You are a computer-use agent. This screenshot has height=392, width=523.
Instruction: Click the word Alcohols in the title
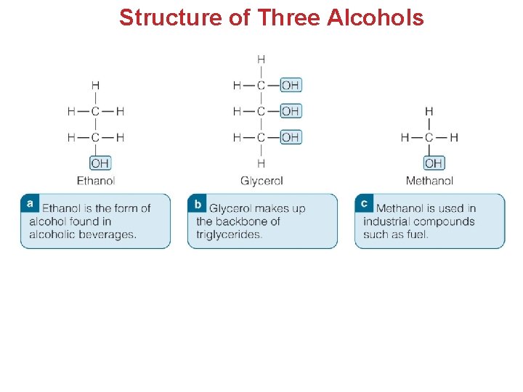click(x=376, y=17)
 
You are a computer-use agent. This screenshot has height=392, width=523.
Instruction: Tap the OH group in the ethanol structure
click(x=100, y=163)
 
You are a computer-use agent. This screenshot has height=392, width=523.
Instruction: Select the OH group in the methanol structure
click(x=434, y=163)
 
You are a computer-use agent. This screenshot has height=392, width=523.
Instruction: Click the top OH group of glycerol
click(x=290, y=85)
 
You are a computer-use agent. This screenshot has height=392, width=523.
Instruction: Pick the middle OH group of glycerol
click(x=290, y=111)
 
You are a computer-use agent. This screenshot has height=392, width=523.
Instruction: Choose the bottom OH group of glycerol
click(x=290, y=136)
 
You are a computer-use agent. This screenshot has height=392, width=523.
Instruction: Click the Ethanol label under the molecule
click(x=96, y=181)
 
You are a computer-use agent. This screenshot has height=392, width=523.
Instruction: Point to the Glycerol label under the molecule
click(x=261, y=181)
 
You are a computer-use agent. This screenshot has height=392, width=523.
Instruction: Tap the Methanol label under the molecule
click(x=429, y=181)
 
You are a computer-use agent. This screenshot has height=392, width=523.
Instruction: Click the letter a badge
click(x=30, y=203)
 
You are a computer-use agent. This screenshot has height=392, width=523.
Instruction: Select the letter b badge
click(x=197, y=203)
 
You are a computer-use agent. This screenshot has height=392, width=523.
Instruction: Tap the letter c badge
click(x=364, y=203)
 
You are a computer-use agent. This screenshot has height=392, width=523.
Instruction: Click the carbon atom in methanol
click(x=429, y=137)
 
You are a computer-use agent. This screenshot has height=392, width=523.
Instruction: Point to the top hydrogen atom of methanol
click(x=429, y=112)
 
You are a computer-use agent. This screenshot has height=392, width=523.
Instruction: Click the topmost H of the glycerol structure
click(x=261, y=59)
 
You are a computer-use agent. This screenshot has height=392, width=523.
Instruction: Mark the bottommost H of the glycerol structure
click(x=261, y=163)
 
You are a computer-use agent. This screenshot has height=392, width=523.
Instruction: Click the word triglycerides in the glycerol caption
click(x=229, y=234)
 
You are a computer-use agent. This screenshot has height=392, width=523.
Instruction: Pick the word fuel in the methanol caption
click(x=417, y=234)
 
